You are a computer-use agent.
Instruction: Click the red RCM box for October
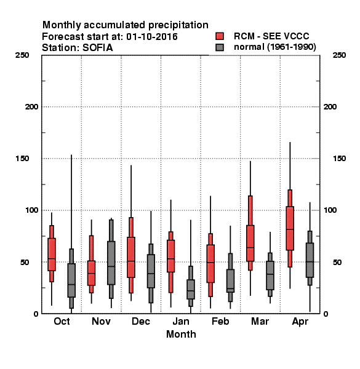tap(52, 255)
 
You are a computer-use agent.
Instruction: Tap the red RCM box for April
tap(290, 228)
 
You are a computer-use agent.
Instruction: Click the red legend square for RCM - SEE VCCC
tap(220, 36)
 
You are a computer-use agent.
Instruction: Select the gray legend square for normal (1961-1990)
tap(220, 47)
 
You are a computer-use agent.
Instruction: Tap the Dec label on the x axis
tap(141, 322)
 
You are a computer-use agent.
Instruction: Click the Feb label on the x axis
tap(220, 322)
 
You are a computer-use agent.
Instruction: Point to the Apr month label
tap(300, 322)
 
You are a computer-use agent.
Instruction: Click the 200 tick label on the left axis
tap(31, 107)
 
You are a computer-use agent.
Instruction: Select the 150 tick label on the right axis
tap(339, 159)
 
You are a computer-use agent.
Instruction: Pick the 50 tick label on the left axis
tap(25, 262)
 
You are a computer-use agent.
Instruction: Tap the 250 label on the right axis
tap(339, 55)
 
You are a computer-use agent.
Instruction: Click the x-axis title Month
tap(181, 335)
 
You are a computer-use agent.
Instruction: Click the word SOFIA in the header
tap(97, 48)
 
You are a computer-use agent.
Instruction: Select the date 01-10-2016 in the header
tap(152, 37)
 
